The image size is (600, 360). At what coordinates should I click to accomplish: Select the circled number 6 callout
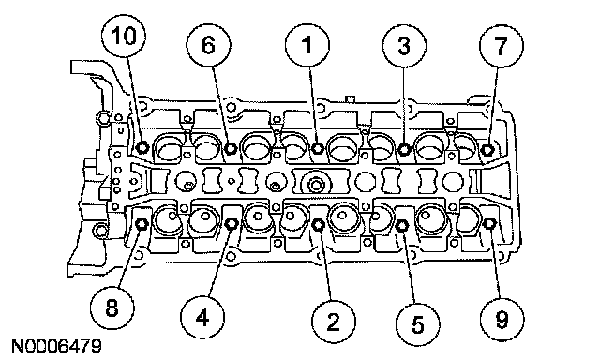208,46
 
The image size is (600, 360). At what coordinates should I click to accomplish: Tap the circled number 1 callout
307,45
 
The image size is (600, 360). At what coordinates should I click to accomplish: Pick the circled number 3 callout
404,46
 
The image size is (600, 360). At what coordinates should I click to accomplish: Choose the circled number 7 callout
502,46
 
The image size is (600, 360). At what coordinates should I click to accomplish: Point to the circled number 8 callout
112,307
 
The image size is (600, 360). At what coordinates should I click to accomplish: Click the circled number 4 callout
202,317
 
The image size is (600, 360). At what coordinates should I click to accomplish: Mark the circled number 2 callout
334,322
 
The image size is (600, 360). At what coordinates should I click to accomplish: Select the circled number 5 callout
417,324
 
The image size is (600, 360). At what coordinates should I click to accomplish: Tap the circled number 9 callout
502,319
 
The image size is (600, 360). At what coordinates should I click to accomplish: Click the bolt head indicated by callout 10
142,146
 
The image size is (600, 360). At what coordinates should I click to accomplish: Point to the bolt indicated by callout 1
317,148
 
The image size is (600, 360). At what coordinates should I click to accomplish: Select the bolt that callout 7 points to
487,149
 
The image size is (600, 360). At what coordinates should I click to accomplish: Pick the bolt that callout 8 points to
142,224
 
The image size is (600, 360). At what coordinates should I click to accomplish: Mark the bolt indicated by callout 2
318,225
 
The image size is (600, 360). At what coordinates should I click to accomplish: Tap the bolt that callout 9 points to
490,223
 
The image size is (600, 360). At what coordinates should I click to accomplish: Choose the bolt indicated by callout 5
402,226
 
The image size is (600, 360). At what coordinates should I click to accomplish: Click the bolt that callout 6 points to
231,148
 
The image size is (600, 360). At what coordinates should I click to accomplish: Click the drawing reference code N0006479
56,346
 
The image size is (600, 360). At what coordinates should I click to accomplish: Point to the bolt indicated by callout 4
232,224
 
